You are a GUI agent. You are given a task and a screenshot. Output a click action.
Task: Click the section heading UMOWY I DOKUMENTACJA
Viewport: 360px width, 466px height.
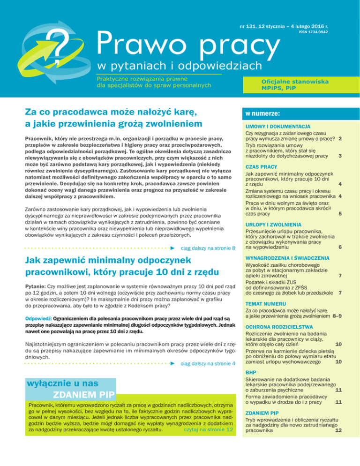click(276, 127)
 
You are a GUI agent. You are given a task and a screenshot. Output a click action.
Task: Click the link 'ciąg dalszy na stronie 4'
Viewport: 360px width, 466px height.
click(208, 363)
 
